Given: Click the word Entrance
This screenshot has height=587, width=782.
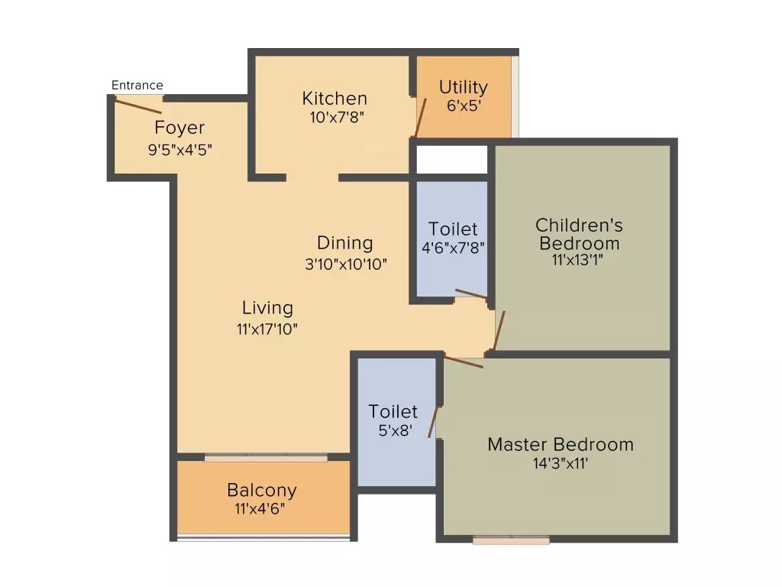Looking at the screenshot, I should (x=137, y=85).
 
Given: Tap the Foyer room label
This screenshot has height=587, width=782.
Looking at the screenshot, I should (x=179, y=128).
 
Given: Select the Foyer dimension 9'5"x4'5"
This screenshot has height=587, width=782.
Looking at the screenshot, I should (x=179, y=149).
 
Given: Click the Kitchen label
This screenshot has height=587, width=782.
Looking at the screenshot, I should (x=334, y=99).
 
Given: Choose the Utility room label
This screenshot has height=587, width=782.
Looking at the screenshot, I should (x=463, y=87).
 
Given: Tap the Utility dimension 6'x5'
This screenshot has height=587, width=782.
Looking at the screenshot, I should (x=463, y=106).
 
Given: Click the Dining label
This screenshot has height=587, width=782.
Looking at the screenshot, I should (x=345, y=243).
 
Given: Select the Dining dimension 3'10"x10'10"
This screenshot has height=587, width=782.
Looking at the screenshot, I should (x=345, y=264).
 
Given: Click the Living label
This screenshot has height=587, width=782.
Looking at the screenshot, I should (x=267, y=308).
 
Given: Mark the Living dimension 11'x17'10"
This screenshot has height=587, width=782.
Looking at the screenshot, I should (x=267, y=329).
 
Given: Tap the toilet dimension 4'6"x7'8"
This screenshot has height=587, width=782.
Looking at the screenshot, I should (x=453, y=248).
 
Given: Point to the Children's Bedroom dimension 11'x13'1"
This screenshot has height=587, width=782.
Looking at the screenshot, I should (x=579, y=259).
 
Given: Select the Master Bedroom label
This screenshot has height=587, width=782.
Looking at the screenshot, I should (x=561, y=444).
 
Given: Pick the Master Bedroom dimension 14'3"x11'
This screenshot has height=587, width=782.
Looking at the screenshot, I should (x=561, y=462).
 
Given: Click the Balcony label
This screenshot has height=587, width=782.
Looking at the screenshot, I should (x=262, y=490).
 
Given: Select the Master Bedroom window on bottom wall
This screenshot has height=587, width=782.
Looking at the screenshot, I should (x=511, y=540).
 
